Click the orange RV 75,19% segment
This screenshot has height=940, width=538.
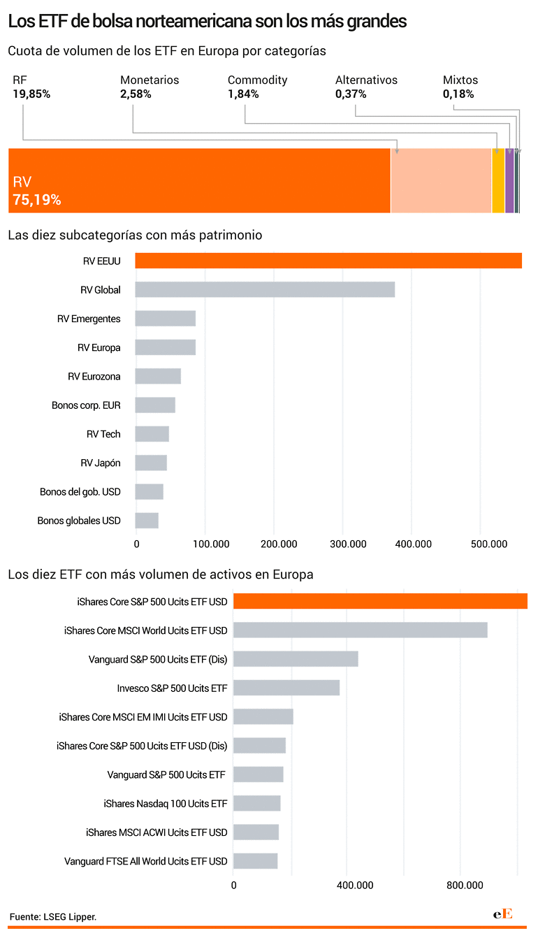(x=199, y=180)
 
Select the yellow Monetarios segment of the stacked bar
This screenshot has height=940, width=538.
(x=498, y=180)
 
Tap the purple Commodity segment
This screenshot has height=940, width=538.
(x=509, y=180)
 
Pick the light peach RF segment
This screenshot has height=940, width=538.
(x=441, y=180)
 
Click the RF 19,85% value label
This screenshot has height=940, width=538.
(x=31, y=94)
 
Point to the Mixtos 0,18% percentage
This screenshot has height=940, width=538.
(x=458, y=94)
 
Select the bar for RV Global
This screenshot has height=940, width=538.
(x=265, y=289)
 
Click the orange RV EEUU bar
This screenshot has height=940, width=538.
(x=328, y=261)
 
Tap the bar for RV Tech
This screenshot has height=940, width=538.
(x=152, y=434)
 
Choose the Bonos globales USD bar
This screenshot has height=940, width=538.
(x=147, y=521)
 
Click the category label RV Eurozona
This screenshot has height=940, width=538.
(x=94, y=377)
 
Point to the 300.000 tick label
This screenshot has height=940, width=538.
(x=348, y=544)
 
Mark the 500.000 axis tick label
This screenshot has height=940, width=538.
(x=489, y=544)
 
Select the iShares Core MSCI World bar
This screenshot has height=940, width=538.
(x=361, y=630)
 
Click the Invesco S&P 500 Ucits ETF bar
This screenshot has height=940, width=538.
(x=286, y=688)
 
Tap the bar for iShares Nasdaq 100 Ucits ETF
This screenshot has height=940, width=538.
(x=257, y=803)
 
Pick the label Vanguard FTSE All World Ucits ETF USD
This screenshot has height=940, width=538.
(x=145, y=861)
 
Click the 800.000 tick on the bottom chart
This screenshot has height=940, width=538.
(x=465, y=885)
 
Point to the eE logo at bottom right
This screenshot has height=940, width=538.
(x=503, y=913)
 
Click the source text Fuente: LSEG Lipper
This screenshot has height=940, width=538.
(x=53, y=917)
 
